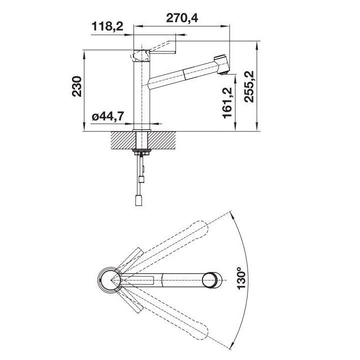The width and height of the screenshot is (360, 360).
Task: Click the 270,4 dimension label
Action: point(182,18)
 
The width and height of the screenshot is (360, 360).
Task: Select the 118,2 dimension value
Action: point(107,26)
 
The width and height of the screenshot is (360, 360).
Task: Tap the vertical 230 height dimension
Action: point(77,86)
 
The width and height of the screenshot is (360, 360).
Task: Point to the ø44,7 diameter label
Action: point(108,116)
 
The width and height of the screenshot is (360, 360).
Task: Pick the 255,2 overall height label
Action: point(249,87)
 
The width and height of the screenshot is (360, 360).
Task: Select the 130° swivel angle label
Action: point(241,278)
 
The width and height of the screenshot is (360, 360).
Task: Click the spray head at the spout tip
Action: point(221,64)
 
